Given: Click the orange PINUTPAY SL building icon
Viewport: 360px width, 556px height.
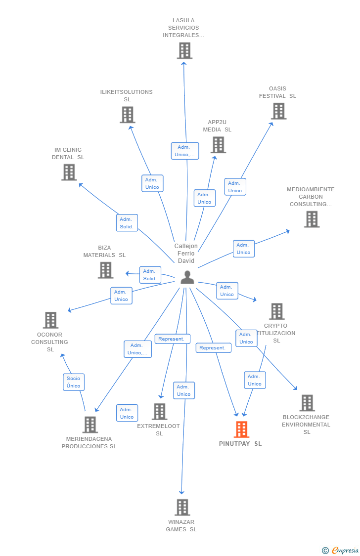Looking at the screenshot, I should (241, 429).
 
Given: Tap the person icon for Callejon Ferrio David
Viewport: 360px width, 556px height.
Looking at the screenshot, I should (187, 277).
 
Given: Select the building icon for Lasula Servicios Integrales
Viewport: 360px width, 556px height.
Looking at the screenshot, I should (184, 50).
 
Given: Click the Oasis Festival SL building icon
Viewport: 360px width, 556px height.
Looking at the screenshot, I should (279, 111).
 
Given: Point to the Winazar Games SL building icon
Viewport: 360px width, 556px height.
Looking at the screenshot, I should (182, 507).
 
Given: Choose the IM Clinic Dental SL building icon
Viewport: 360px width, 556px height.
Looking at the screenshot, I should (69, 172).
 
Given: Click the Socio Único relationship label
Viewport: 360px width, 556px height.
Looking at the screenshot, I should (74, 382).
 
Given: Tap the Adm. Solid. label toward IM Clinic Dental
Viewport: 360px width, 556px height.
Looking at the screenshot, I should (127, 223).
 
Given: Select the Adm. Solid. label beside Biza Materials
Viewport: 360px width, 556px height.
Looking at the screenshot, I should (150, 275).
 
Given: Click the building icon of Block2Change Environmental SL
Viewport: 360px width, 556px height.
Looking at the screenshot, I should (307, 403).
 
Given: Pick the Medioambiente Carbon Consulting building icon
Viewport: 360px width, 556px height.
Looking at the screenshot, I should (312, 219).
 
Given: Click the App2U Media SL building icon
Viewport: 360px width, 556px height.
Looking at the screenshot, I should (218, 145).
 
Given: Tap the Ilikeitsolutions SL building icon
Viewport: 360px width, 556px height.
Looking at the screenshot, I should (128, 115).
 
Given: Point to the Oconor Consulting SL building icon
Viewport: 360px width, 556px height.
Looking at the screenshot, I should (50, 320).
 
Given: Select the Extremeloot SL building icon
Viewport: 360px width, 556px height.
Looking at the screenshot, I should (159, 411).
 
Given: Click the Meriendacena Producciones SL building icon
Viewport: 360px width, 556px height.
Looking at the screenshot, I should (90, 425).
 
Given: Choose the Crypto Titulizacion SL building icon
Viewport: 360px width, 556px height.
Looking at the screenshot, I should (277, 311).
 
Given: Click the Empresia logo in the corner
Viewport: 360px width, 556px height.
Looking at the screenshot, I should (341, 550).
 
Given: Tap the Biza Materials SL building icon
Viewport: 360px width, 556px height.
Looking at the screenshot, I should (105, 270).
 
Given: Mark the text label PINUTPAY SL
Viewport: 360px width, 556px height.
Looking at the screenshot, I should (240, 444).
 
